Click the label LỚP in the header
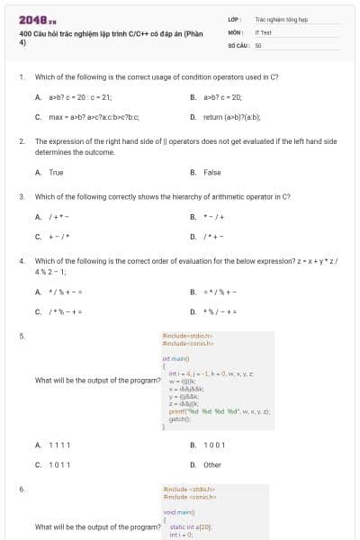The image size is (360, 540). [x=233, y=18]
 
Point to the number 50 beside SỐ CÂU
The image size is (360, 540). [x=258, y=43]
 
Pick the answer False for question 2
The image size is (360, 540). [x=211, y=172]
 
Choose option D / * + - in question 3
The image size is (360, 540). [x=215, y=237]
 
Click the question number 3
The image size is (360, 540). [x=21, y=195]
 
